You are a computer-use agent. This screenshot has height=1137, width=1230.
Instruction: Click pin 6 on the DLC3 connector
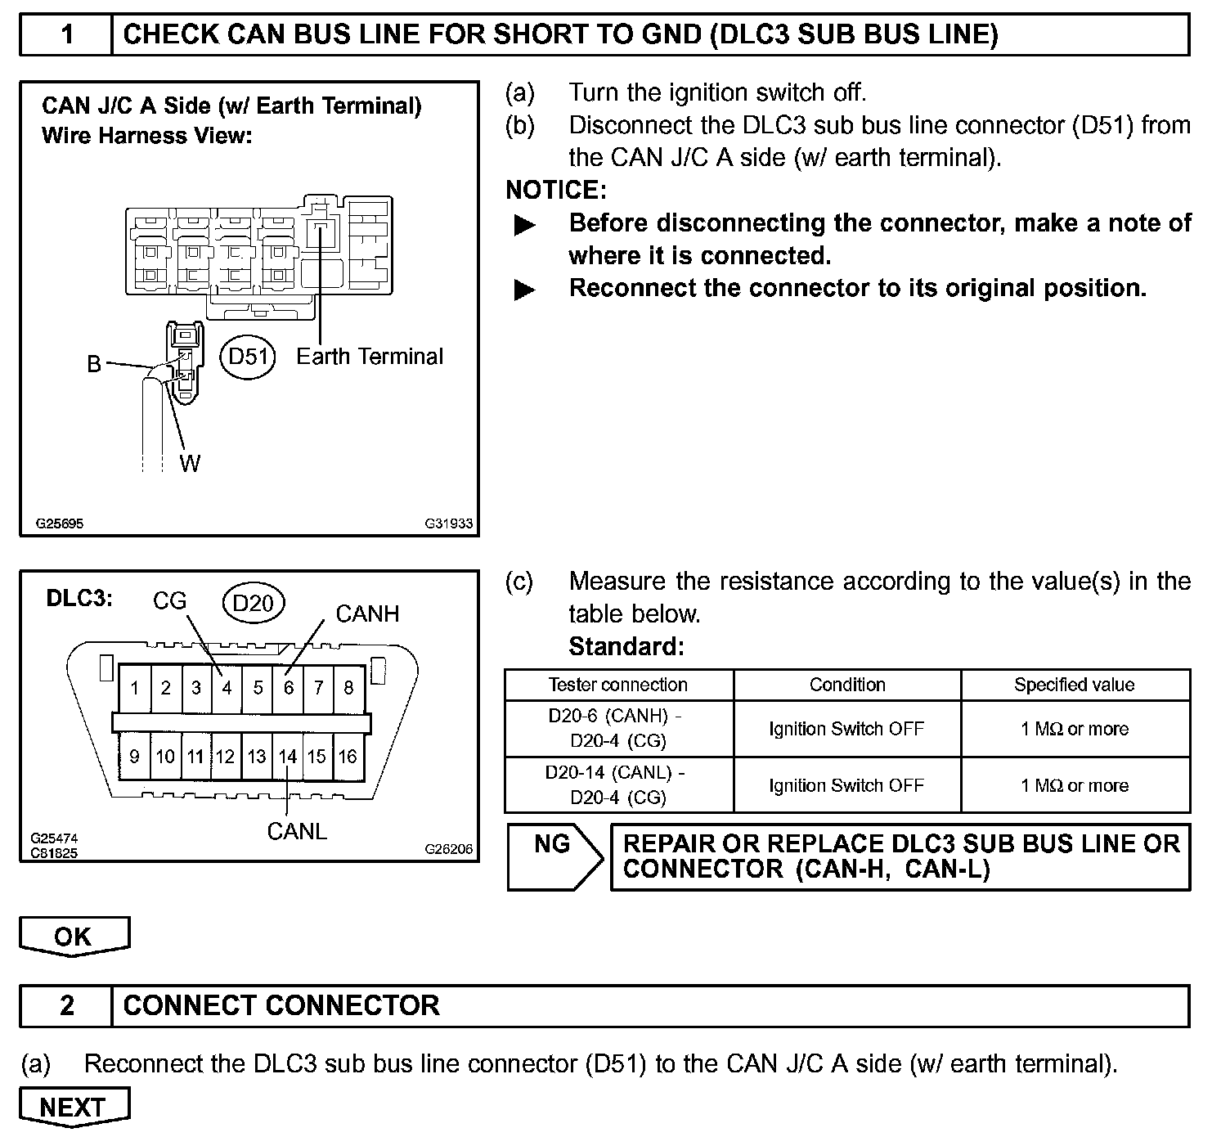[x=288, y=688]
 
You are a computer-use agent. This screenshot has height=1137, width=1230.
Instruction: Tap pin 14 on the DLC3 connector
[x=287, y=757]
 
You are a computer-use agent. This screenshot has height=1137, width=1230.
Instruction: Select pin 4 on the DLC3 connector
[x=227, y=688]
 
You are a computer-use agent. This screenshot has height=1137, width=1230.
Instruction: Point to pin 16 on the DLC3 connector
[x=348, y=757]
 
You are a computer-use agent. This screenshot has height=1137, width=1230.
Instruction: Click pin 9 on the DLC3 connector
[x=134, y=757]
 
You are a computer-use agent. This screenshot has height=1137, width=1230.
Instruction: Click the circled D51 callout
[x=249, y=357]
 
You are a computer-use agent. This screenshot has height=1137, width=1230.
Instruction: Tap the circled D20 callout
[x=253, y=604]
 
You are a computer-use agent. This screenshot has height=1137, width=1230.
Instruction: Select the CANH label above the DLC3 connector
[x=367, y=614]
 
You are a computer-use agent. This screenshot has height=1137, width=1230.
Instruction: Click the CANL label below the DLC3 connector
[x=297, y=831]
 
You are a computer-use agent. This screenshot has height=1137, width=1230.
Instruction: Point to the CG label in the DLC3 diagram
[x=170, y=601]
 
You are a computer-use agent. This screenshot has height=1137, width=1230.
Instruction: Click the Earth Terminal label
[x=369, y=357]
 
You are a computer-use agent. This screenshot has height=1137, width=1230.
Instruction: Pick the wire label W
[x=190, y=464]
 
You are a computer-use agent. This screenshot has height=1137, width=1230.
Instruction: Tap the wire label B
[x=94, y=364]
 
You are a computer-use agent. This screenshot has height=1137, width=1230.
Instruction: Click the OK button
[x=74, y=937]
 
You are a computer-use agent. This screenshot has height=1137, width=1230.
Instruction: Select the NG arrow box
[x=554, y=856]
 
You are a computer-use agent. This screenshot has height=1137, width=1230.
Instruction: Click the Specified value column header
[x=1074, y=685]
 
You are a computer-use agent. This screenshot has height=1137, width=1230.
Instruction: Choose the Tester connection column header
[x=617, y=685]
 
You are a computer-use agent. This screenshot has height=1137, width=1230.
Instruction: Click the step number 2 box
[x=66, y=1005]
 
